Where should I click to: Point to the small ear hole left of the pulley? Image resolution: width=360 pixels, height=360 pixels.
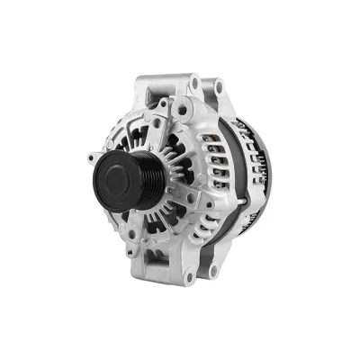[93, 159]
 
